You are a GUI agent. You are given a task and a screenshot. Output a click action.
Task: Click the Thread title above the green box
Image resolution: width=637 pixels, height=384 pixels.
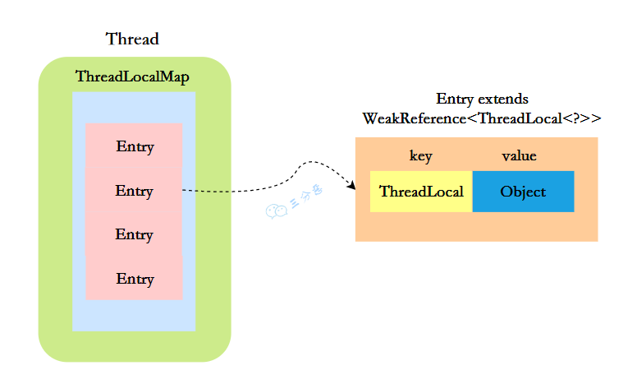[x=132, y=39]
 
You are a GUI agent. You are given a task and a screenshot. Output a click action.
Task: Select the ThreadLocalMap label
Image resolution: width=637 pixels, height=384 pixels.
[x=132, y=76]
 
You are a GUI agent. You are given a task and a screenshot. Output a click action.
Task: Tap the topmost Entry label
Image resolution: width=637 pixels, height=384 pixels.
[x=135, y=147]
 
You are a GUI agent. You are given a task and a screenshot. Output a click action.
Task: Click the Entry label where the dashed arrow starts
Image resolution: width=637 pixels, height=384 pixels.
[x=135, y=191]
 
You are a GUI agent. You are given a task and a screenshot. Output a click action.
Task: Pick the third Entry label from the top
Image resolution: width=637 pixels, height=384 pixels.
[x=135, y=234]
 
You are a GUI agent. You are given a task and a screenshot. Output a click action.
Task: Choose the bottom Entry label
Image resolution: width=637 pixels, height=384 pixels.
[x=135, y=279]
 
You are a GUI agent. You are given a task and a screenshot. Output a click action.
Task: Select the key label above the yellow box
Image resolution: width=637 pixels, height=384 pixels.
[x=420, y=156]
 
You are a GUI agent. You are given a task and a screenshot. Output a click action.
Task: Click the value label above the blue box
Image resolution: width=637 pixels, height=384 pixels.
[x=520, y=156]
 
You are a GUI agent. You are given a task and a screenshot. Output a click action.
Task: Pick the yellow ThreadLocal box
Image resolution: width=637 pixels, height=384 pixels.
[x=421, y=192]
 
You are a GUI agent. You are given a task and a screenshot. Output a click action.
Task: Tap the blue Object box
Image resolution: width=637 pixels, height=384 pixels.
[x=523, y=192]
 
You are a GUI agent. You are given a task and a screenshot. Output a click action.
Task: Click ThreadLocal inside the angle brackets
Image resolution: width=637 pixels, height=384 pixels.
[x=518, y=118]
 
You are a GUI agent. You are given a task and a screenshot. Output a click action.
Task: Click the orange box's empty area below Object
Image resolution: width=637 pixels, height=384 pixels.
[x=523, y=226]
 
